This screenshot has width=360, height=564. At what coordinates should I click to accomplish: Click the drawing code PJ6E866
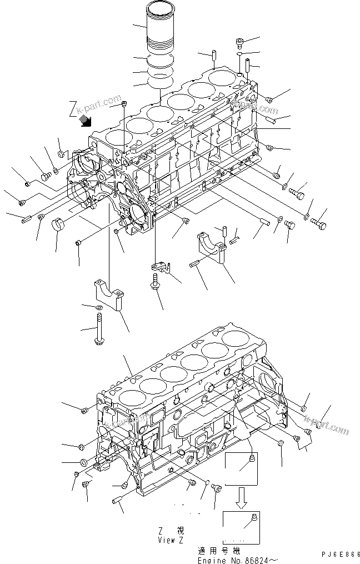340,554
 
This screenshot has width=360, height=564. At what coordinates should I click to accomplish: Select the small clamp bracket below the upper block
161,269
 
